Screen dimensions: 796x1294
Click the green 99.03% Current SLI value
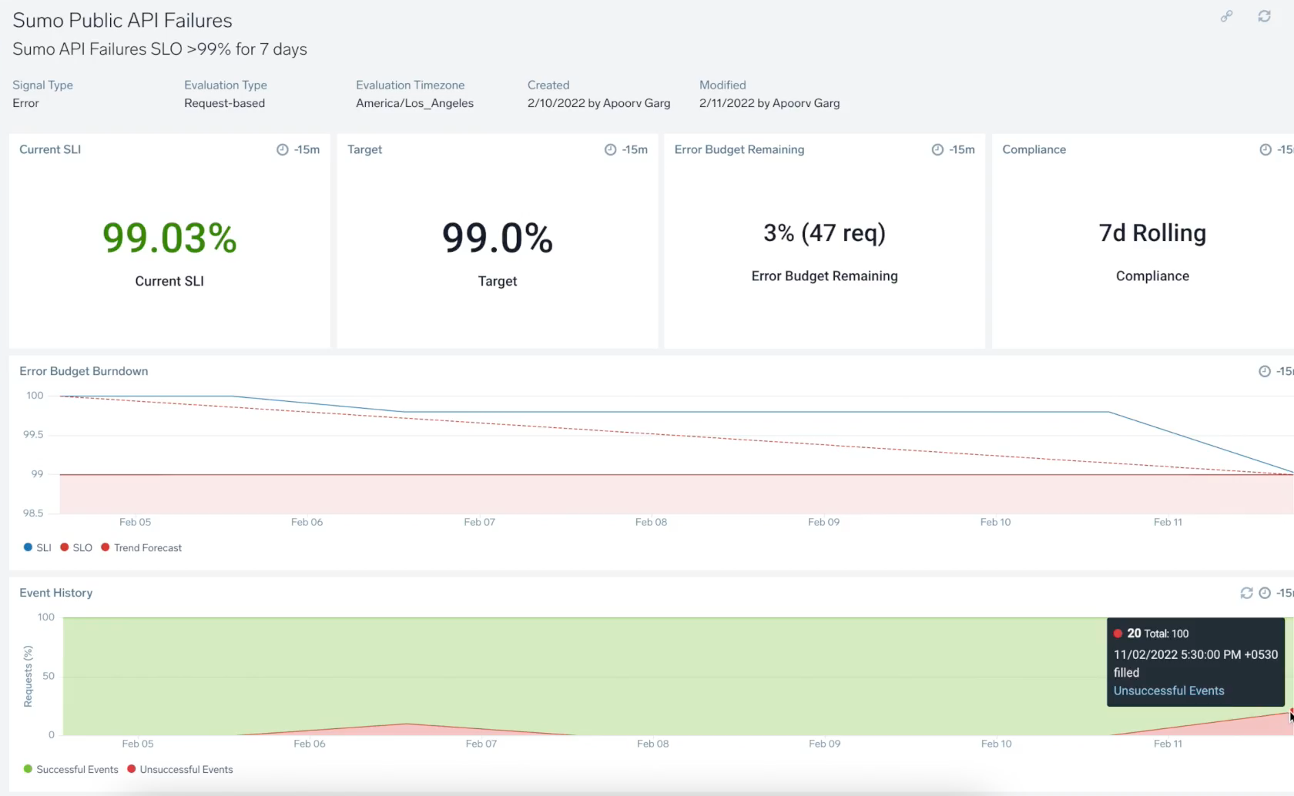click(x=169, y=238)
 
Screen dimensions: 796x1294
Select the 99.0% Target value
click(x=498, y=238)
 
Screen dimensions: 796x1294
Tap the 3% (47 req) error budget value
click(x=824, y=232)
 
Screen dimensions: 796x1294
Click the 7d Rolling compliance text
click(x=1152, y=232)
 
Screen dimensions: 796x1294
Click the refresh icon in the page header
click(x=1264, y=16)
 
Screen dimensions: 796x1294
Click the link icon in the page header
click(x=1226, y=16)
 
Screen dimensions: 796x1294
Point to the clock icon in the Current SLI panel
click(x=282, y=149)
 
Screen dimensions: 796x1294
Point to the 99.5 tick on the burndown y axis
click(x=33, y=435)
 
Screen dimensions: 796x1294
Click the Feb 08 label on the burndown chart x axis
click(x=651, y=522)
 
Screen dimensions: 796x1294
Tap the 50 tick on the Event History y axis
click(x=49, y=676)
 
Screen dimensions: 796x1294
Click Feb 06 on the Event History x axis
click(x=309, y=744)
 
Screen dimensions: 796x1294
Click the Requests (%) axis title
click(x=28, y=676)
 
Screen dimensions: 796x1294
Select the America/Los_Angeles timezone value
click(x=414, y=103)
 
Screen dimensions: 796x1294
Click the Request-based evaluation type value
click(x=224, y=103)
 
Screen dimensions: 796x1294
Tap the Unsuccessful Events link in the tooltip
click(x=1168, y=691)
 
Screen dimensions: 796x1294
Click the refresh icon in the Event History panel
click(x=1246, y=593)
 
